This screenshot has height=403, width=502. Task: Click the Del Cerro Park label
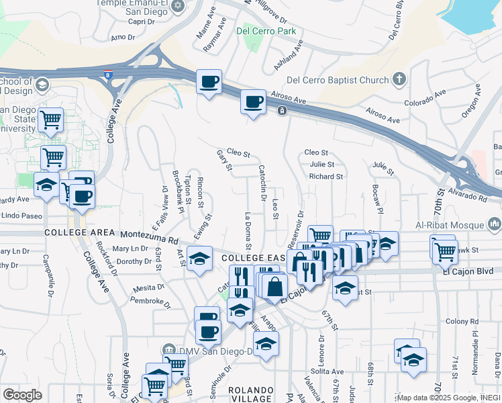266,31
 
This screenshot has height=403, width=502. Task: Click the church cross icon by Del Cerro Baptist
399,79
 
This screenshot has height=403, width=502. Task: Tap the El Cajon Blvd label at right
468,271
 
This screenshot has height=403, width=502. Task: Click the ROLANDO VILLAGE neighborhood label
251,394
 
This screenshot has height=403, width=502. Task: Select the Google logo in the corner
22,394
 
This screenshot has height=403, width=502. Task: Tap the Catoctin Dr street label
262,183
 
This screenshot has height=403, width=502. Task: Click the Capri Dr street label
141,21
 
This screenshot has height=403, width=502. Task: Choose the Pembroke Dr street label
149,302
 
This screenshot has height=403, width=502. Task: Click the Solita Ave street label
327,371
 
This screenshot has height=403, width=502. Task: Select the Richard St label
326,177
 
